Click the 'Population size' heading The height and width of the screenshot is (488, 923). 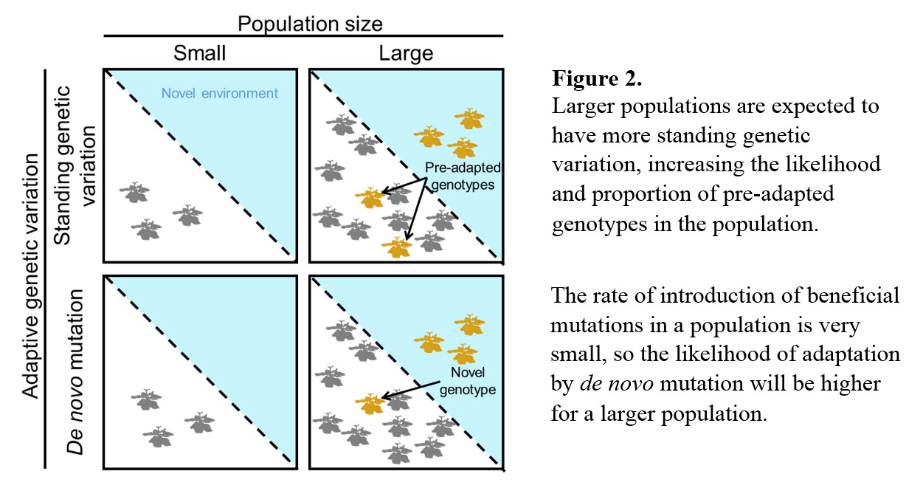click(x=310, y=23)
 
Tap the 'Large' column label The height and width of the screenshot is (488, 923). click(x=406, y=53)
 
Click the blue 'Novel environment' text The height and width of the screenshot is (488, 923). click(x=220, y=93)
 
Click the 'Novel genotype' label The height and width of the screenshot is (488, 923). click(x=467, y=379)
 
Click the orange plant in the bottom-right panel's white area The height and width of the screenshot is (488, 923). click(x=370, y=403)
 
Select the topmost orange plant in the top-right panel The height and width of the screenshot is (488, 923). click(x=469, y=118)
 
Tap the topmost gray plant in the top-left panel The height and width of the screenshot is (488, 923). click(x=134, y=193)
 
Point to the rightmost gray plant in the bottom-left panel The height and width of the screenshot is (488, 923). click(x=199, y=422)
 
